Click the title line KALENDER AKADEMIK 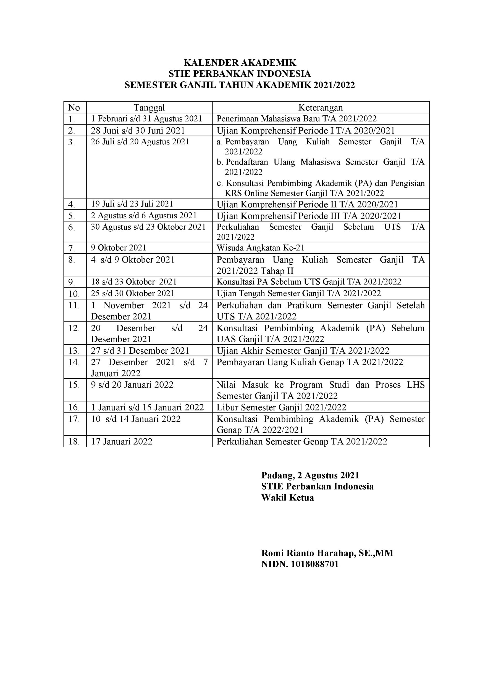[240, 63]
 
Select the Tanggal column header [149, 107]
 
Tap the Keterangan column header [320, 107]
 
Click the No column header [74, 108]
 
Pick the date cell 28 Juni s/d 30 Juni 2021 [138, 131]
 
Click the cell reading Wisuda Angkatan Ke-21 [260, 248]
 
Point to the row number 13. [74, 351]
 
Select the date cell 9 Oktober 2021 [119, 248]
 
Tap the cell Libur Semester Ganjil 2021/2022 [281, 407]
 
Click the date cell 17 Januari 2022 [122, 441]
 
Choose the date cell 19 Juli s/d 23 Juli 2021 [132, 204]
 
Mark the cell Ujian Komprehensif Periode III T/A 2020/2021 [309, 216]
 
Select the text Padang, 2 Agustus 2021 [310, 475]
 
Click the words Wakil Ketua [287, 497]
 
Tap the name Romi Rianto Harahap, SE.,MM [327, 553]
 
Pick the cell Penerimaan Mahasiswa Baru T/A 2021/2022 [297, 119]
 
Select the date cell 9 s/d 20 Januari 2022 [132, 385]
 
